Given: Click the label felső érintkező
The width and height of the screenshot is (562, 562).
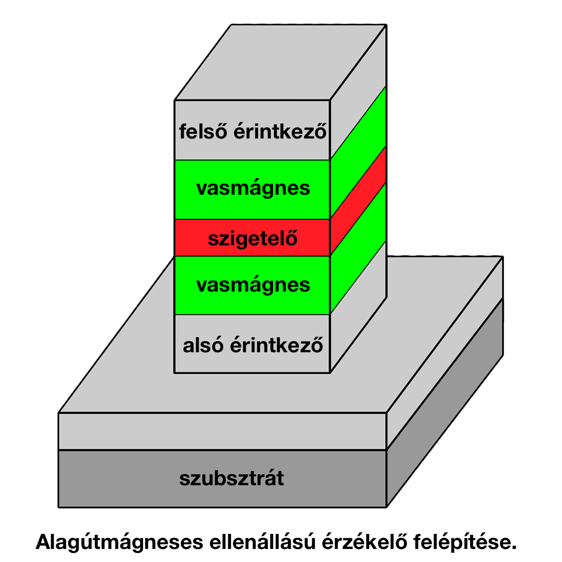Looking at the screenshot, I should [253, 132].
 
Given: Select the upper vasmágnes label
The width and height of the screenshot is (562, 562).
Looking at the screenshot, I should [253, 189].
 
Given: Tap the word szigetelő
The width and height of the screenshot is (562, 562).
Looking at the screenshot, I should [253, 238].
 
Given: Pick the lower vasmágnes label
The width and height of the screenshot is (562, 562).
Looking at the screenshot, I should [253, 285].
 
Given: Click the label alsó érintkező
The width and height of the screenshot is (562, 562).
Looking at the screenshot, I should [253, 346].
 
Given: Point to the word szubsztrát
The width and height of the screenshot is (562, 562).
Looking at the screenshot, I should [231, 478].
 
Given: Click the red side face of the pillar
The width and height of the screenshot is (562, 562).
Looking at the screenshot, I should [358, 201].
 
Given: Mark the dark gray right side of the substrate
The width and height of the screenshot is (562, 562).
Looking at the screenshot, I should [445, 401].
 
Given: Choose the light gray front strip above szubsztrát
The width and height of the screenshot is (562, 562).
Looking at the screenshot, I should [222, 431].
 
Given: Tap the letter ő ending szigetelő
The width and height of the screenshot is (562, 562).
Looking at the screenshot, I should [292, 238].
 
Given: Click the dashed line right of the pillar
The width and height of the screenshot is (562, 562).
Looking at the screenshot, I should [445, 256].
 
